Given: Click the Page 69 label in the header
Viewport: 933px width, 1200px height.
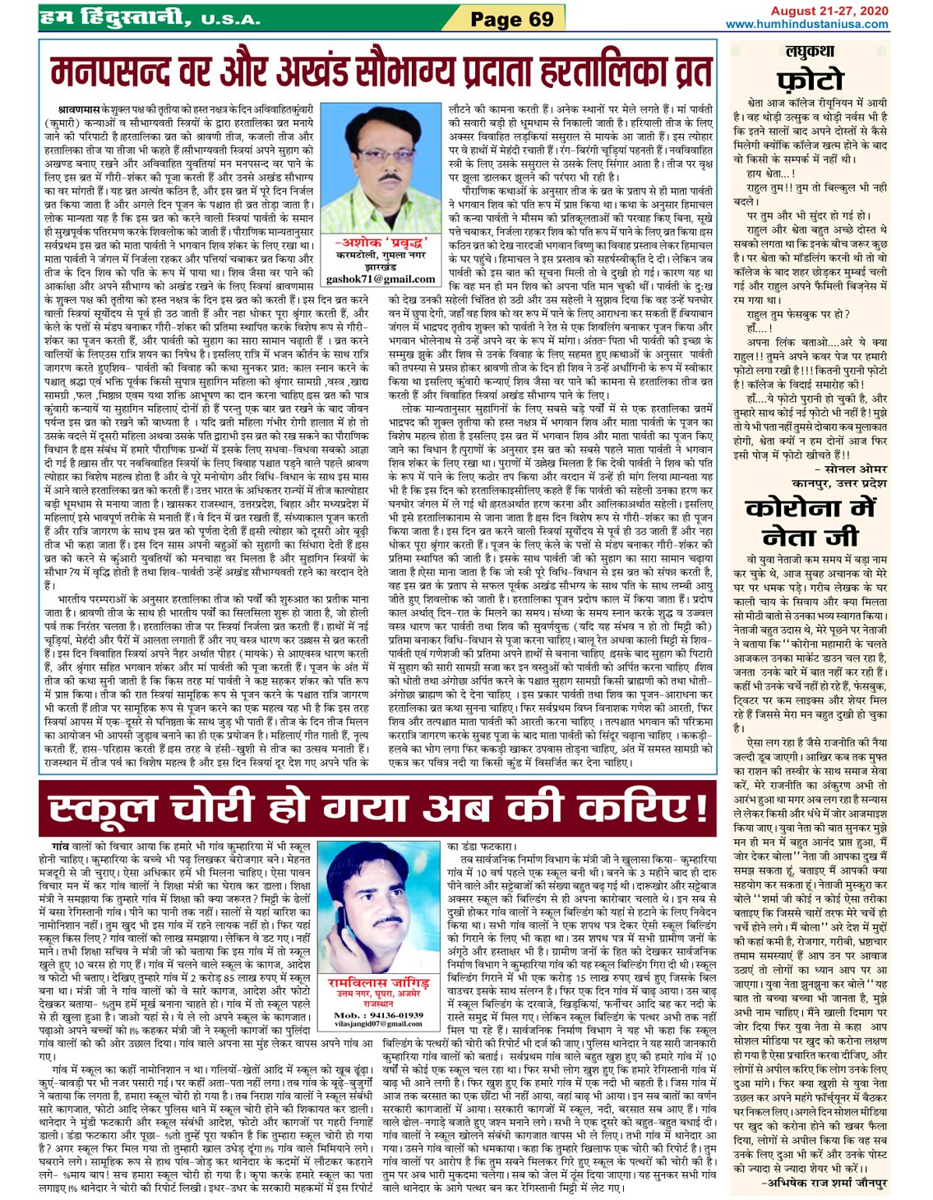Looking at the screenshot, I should [511, 19].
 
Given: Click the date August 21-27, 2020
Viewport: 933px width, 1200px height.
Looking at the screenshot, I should [829, 11].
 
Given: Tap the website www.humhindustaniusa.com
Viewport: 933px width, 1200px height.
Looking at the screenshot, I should [806, 25].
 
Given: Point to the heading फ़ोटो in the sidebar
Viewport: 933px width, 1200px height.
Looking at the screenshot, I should [810, 80].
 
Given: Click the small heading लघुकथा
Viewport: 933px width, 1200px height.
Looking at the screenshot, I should [809, 52].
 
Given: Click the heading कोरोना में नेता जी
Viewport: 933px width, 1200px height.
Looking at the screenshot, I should [810, 523].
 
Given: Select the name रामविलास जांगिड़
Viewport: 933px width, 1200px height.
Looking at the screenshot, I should [377, 984].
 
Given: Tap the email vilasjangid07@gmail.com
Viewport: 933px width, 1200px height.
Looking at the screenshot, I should [377, 1024].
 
